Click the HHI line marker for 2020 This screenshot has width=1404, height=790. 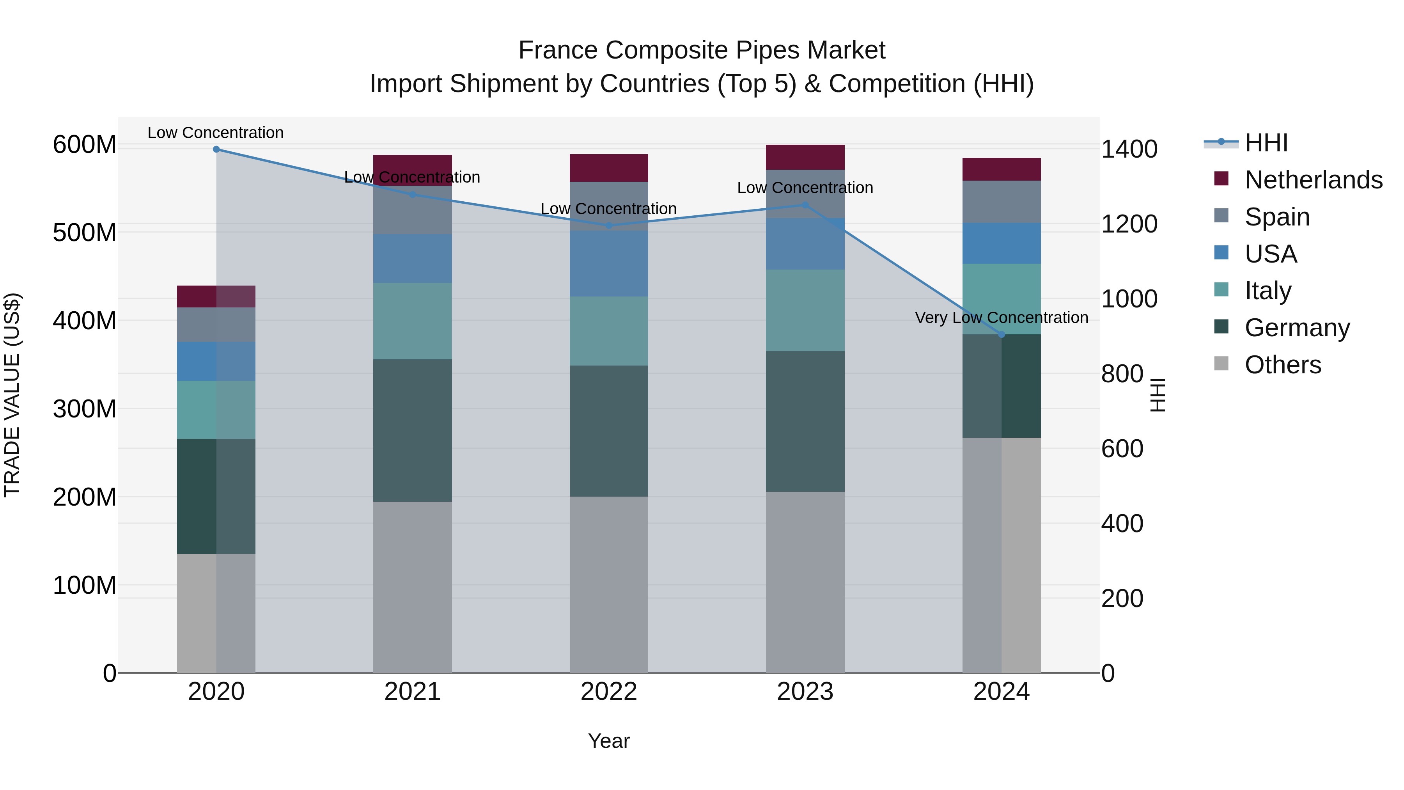point(216,149)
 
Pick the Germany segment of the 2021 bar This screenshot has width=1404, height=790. point(413,430)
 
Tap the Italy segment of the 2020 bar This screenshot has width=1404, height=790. point(216,410)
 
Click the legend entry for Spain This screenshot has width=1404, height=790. point(1277,217)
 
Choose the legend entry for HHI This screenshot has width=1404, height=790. point(1266,143)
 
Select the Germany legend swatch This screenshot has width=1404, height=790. point(1221,327)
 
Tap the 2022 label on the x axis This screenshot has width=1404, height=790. point(609,692)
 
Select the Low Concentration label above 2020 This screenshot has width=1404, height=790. point(215,133)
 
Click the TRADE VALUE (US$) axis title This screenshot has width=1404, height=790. point(12,395)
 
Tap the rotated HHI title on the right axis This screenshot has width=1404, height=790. point(1157,395)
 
